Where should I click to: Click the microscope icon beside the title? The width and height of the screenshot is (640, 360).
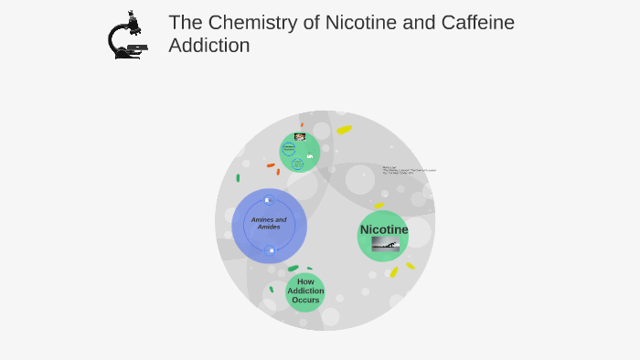127,36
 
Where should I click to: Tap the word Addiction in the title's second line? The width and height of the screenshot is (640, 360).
208,46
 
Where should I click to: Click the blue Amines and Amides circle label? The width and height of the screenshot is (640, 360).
269,223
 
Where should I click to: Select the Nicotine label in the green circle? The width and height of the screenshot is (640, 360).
384,229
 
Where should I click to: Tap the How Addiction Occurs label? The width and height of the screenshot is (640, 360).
305,291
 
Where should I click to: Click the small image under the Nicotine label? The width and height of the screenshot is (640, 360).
385,244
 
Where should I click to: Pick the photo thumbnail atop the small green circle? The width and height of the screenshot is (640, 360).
300,136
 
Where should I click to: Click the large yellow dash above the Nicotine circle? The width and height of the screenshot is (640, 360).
344,130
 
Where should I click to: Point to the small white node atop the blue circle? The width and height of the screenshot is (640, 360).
268,200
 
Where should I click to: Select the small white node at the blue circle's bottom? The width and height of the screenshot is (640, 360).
271,249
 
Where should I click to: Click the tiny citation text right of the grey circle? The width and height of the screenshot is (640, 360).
409,171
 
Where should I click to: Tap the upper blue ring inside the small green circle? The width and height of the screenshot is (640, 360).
289,148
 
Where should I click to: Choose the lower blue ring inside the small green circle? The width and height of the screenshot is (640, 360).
297,164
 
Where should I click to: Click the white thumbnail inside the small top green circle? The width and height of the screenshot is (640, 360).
310,156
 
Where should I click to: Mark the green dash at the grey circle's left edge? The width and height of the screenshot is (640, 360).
238,178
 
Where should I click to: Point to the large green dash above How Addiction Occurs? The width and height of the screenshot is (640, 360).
293,269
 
